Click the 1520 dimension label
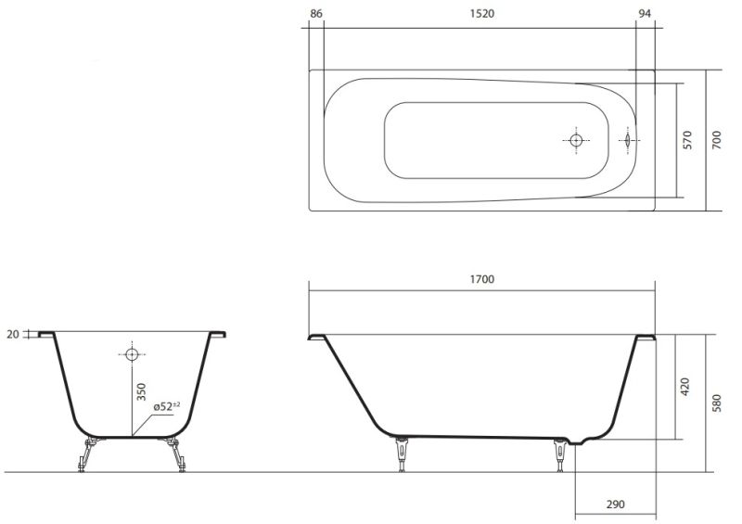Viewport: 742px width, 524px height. tap(481, 14)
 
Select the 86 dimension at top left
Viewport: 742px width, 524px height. tap(315, 14)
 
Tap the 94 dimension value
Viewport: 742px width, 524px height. tap(645, 14)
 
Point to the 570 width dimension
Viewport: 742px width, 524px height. tap(687, 140)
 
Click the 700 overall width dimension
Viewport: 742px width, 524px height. tap(716, 140)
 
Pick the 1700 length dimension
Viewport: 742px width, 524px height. tap(481, 279)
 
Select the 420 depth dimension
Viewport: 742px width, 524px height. tap(684, 387)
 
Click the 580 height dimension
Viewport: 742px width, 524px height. tap(716, 403)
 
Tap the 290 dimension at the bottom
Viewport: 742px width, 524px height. tap(615, 505)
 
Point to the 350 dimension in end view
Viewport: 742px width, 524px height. tap(141, 392)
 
